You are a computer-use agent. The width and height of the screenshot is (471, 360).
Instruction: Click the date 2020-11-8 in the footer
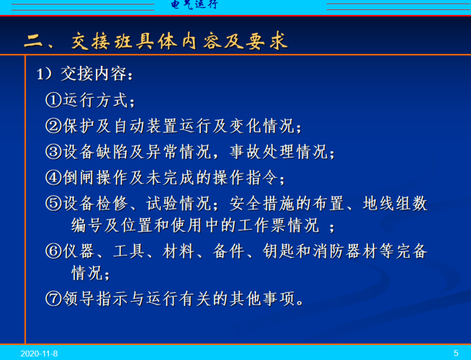pos(39,353)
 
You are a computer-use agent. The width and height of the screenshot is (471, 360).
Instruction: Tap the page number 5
pos(456,353)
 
